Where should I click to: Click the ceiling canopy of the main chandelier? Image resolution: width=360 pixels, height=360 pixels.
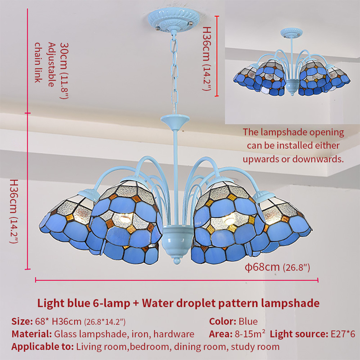click(x=174, y=20)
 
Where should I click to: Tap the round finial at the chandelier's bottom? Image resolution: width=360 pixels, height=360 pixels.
click(x=176, y=260)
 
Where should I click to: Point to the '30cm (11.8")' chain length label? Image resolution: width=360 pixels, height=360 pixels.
click(x=64, y=71)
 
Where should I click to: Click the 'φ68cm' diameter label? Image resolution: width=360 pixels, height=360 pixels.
click(x=262, y=267)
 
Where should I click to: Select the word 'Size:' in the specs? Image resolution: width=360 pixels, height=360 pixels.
click(x=22, y=321)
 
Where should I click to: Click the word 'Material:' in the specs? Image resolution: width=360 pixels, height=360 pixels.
click(x=32, y=334)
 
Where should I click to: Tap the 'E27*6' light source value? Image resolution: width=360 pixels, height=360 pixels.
click(x=343, y=334)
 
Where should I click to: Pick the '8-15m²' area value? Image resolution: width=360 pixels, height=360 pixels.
click(x=250, y=334)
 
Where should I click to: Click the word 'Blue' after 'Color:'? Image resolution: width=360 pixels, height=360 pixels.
click(x=248, y=321)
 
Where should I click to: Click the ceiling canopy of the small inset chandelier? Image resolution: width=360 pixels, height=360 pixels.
click(x=291, y=33)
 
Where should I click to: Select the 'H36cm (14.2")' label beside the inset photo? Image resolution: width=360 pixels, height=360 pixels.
click(x=206, y=59)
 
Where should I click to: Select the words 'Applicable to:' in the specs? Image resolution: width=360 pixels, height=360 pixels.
click(x=43, y=347)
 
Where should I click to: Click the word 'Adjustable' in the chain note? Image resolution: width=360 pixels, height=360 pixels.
click(x=51, y=64)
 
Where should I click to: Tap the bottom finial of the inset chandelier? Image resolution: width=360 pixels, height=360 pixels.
click(x=292, y=94)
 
